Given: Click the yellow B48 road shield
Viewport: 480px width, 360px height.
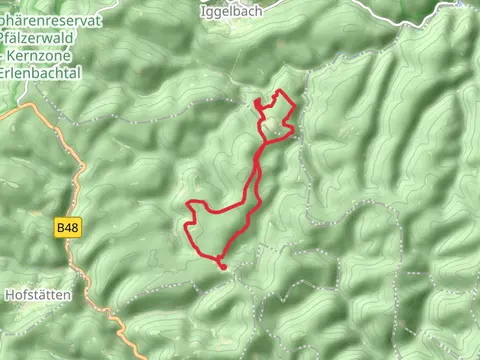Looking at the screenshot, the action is pyautogui.click(x=67, y=229).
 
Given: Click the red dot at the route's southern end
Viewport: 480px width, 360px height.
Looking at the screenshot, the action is pyautogui.click(x=222, y=265).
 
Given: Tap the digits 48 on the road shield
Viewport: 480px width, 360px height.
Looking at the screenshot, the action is pyautogui.click(x=71, y=229).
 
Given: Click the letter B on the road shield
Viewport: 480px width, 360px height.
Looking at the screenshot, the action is pyautogui.click(x=61, y=229).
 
